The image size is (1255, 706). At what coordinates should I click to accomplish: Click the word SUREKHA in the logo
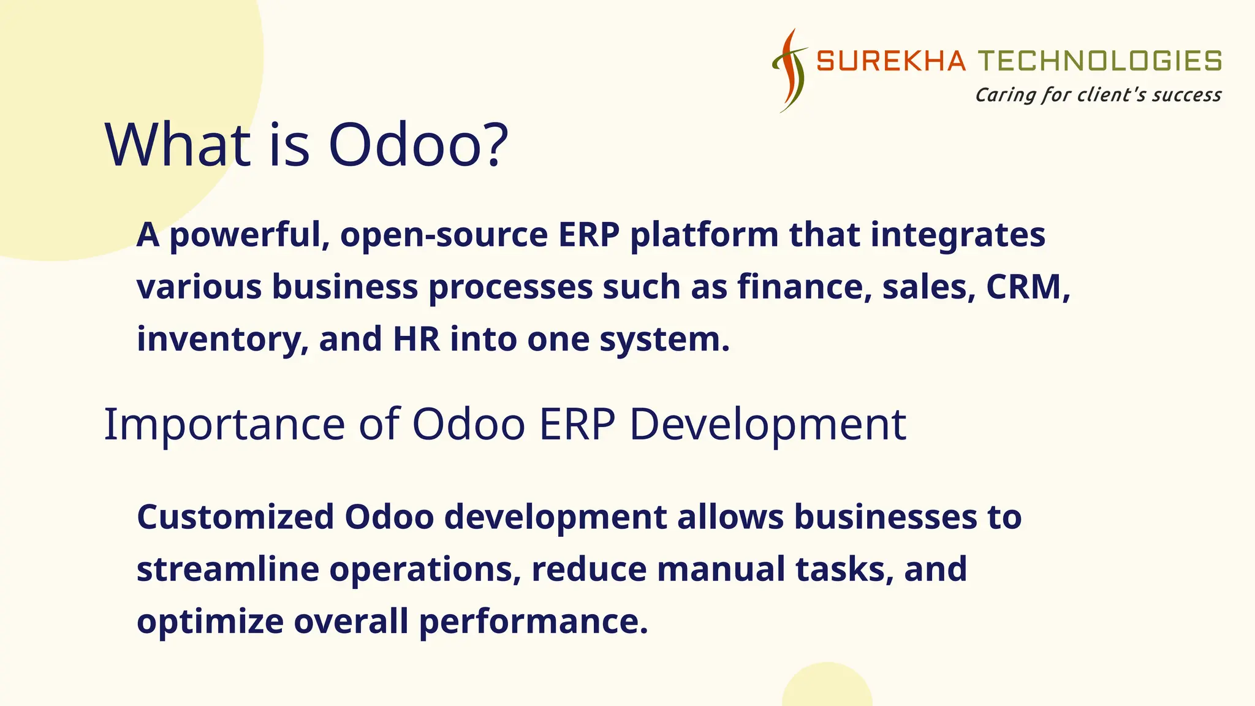pos(890,61)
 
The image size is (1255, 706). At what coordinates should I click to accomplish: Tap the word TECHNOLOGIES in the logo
pos(1099,61)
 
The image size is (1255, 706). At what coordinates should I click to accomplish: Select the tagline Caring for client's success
pos(1098,95)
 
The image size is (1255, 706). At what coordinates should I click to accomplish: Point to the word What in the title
pos(178,145)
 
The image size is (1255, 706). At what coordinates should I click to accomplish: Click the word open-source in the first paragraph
pos(444,235)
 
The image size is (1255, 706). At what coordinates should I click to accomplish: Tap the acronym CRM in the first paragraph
pos(1028,287)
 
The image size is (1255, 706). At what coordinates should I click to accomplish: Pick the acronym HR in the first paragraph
pos(416,339)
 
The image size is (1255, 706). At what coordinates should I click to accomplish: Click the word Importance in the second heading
pos(224,424)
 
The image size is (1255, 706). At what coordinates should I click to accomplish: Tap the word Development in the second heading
pos(767,424)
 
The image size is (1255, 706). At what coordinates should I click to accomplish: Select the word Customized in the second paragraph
pos(235,517)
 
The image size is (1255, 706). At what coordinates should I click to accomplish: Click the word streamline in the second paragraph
pos(227,569)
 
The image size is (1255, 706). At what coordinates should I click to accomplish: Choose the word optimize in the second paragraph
pos(210,621)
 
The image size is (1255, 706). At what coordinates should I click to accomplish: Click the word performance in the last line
pos(533,621)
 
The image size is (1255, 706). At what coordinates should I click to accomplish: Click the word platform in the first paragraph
pos(704,235)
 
